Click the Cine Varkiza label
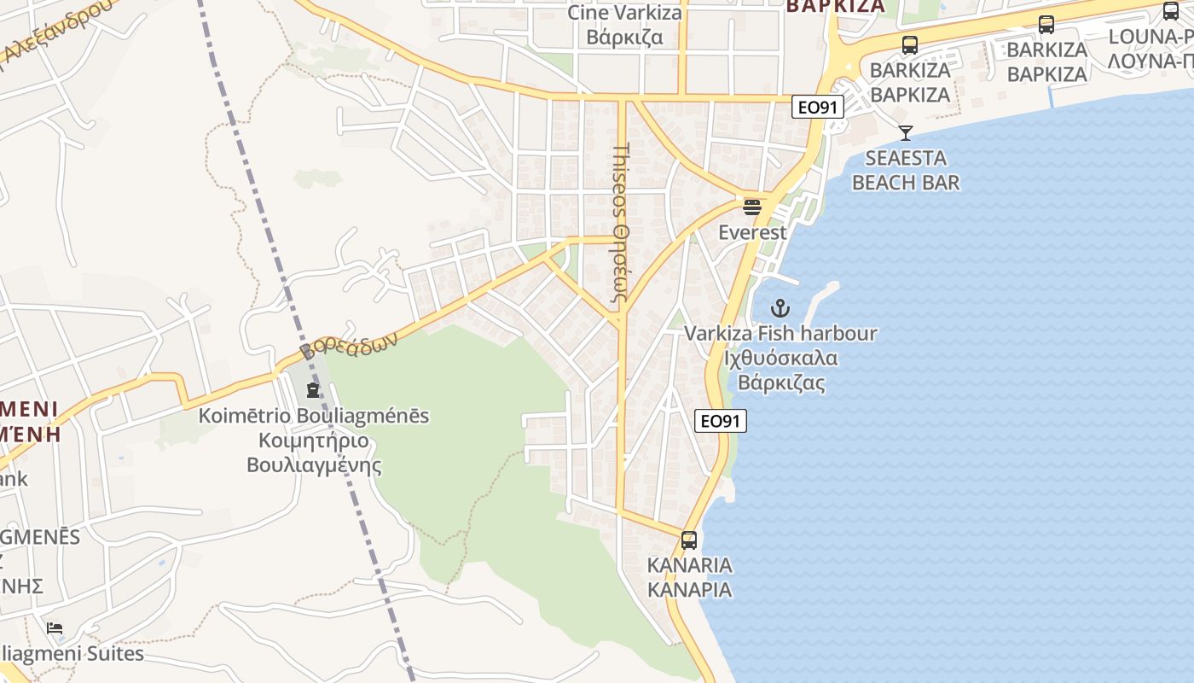(x=625, y=13)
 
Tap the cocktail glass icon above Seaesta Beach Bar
(x=905, y=133)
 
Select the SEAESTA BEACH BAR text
(x=905, y=170)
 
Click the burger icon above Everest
(x=751, y=207)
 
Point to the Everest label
(x=751, y=232)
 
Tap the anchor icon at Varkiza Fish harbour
(x=780, y=308)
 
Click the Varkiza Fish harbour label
(x=780, y=333)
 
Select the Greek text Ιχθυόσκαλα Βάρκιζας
(x=780, y=370)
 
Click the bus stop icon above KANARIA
(x=689, y=540)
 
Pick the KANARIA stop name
(x=689, y=565)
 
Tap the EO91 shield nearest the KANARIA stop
(x=721, y=420)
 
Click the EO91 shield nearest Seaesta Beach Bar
(x=817, y=107)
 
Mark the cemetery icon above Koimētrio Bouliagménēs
(x=313, y=390)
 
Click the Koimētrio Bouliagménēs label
(x=313, y=417)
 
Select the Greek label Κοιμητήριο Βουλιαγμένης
(x=313, y=453)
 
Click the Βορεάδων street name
(x=349, y=346)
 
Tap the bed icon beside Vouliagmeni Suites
(x=55, y=628)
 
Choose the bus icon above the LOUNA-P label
(x=1170, y=12)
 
